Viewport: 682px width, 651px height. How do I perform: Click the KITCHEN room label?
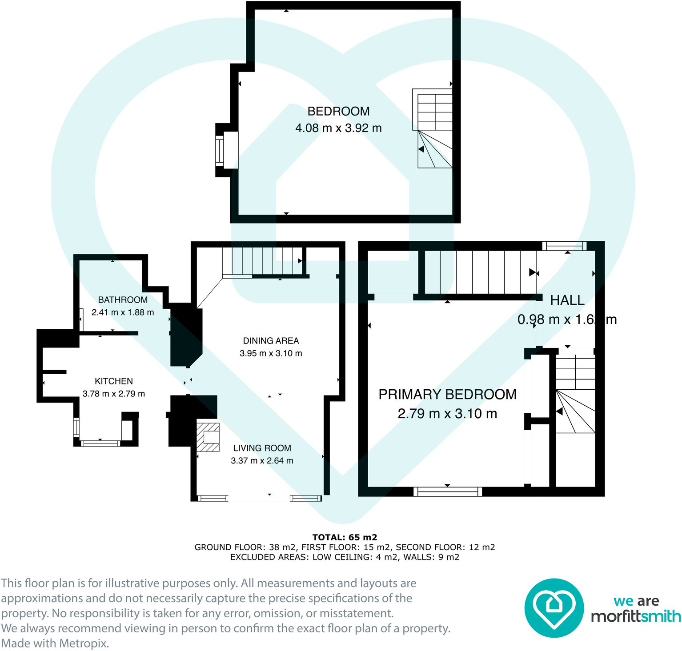(x=113, y=381)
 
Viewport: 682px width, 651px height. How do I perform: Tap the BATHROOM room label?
(x=123, y=300)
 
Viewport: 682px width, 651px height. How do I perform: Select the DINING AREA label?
(x=271, y=341)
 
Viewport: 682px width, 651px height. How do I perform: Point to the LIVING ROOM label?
(x=262, y=448)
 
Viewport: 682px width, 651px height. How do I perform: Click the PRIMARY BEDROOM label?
(x=447, y=394)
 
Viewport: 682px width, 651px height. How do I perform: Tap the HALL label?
(x=567, y=300)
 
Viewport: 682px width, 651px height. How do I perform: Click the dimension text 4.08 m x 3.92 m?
(x=338, y=128)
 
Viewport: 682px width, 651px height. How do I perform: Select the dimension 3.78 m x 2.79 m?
(x=113, y=394)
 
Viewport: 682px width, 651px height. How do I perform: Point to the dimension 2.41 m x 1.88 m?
(x=123, y=312)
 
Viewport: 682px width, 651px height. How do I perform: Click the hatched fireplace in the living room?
(x=208, y=437)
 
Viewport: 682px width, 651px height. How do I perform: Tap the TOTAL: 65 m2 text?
(x=345, y=537)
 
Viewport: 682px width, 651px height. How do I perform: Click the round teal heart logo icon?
(x=554, y=607)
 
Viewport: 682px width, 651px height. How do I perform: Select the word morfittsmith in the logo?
(x=635, y=616)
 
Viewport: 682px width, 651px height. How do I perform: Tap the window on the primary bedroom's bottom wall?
(x=448, y=491)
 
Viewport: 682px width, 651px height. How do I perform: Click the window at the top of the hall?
(x=564, y=246)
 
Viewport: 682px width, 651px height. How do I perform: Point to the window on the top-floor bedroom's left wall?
(x=219, y=152)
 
